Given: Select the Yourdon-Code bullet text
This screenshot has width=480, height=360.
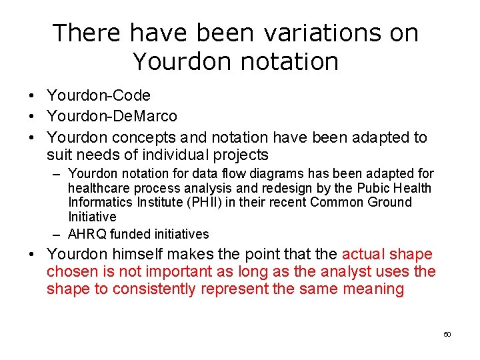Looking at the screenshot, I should (99, 96).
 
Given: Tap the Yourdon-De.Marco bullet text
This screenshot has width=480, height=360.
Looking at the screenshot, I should (112, 117).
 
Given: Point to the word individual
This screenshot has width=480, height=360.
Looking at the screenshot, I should (167, 155).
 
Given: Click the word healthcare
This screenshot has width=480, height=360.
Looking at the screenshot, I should (97, 189).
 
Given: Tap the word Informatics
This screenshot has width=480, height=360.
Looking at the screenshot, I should (99, 203).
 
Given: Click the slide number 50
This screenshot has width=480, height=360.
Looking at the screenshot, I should (447, 334).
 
